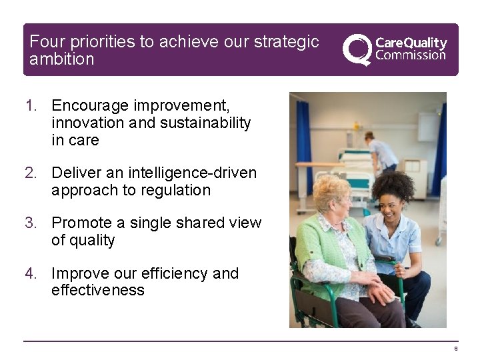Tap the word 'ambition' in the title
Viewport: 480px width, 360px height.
coord(62,59)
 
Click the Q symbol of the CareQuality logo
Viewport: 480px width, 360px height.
coord(357,49)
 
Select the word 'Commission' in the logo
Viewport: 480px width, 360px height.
coord(411,56)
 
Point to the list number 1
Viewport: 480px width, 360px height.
coord(31,106)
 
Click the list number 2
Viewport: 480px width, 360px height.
coord(31,173)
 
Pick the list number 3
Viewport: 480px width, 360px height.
coord(31,223)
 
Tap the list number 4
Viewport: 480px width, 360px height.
coord(31,274)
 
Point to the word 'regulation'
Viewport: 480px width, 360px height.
coord(175,191)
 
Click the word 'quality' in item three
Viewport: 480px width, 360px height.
coord(93,241)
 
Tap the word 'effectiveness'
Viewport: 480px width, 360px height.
coord(98,291)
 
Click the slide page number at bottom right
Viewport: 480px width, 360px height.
coord(456,349)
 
